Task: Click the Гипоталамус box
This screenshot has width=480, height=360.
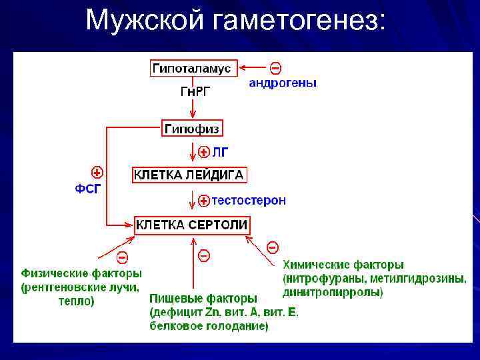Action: [x=191, y=68]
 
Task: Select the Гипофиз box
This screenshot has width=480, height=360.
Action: [x=191, y=127]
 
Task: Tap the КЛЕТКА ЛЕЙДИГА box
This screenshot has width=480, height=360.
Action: [x=190, y=175]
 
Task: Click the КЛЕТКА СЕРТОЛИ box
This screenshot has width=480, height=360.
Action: [x=192, y=225]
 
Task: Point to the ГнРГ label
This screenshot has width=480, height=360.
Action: [x=195, y=92]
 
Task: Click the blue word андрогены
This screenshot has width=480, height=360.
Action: [x=283, y=83]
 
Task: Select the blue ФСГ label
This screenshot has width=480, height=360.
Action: [x=88, y=188]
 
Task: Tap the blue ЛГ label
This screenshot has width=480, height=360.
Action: [x=220, y=152]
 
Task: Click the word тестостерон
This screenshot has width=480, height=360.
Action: [x=249, y=200]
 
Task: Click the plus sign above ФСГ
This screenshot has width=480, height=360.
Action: [x=97, y=171]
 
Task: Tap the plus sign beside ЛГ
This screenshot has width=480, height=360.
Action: [x=205, y=152]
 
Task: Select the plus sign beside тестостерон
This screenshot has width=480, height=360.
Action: [x=205, y=200]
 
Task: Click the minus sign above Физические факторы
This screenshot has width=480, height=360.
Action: [x=122, y=257]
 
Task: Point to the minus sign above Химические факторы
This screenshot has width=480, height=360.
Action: [x=273, y=247]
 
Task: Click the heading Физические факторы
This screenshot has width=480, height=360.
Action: [x=81, y=273]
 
